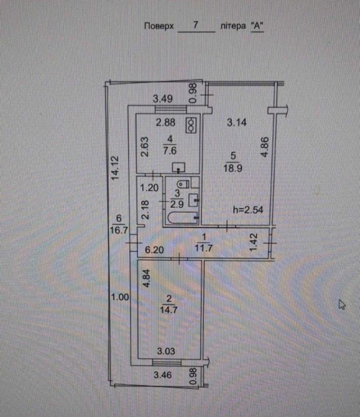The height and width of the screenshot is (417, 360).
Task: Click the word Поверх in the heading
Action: (159, 26)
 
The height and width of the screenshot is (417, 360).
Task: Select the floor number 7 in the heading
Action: (196, 25)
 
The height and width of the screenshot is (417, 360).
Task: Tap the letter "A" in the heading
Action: (257, 26)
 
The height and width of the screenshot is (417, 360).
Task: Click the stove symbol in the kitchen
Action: (192, 124)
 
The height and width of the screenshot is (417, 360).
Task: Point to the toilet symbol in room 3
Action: (183, 184)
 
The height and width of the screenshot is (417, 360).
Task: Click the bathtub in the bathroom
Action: (183, 218)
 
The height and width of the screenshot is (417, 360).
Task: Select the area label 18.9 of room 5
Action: (233, 168)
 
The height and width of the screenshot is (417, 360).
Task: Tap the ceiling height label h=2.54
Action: (248, 210)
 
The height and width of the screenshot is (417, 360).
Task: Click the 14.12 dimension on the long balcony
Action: (115, 168)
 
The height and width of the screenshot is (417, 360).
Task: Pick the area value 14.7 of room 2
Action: (168, 310)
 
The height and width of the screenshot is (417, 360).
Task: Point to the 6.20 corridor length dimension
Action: (154, 250)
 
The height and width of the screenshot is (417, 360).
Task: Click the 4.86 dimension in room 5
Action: (265, 147)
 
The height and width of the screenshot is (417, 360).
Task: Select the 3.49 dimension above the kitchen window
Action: (163, 99)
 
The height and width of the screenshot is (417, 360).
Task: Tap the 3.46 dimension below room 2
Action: (163, 375)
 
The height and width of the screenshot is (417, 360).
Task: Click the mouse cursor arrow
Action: (342, 305)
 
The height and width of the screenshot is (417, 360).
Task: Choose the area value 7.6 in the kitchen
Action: (170, 151)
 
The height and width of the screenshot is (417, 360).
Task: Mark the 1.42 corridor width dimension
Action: (254, 242)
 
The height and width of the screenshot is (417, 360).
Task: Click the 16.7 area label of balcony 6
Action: (119, 230)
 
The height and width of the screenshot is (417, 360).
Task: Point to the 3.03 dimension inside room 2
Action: (166, 351)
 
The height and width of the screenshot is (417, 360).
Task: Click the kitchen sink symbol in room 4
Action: (178, 167)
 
